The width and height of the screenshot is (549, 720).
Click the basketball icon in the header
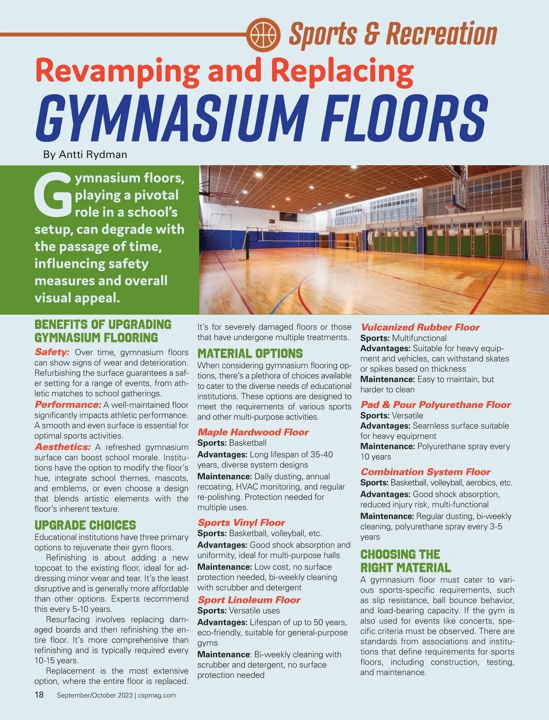(264, 34)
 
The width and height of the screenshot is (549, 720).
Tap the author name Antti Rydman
(93, 155)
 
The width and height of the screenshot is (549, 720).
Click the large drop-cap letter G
(54, 195)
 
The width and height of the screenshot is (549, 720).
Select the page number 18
(39, 695)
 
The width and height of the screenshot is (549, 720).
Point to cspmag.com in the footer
(157, 695)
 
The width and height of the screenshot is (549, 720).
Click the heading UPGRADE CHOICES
(85, 525)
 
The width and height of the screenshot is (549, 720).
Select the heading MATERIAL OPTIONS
(250, 353)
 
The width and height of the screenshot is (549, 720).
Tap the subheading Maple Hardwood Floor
(253, 432)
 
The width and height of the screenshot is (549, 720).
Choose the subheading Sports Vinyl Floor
(241, 523)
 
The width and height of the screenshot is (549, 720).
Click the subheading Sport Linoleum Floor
(249, 600)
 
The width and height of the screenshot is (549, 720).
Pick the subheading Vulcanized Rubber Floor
(420, 327)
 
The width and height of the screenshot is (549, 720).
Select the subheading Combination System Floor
(425, 472)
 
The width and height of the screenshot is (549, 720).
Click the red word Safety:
(52, 352)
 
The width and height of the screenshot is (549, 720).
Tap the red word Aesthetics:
(63, 447)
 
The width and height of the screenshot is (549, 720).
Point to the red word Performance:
(68, 405)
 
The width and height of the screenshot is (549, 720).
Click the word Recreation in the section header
(441, 34)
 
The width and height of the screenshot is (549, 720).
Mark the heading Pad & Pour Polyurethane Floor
(436, 405)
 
